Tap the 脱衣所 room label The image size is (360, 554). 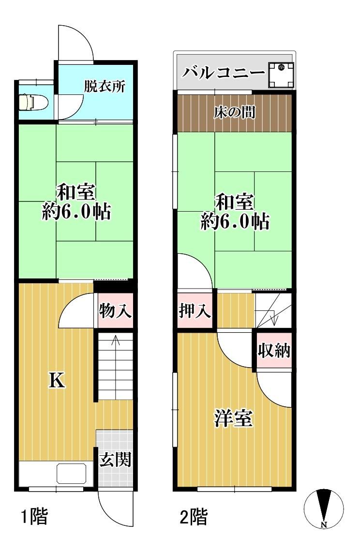[x=105, y=86]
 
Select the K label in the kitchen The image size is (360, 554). [x=57, y=381]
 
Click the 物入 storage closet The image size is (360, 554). [x=116, y=311]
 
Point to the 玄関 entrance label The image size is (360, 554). [x=115, y=460]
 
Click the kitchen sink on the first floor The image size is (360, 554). [x=71, y=474]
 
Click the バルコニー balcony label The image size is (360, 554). [x=224, y=73]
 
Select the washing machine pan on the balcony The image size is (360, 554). [x=281, y=75]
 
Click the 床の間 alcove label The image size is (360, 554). [x=234, y=112]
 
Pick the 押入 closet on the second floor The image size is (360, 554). [x=195, y=311]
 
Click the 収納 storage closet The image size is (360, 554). [x=274, y=350]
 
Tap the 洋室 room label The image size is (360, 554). [x=233, y=418]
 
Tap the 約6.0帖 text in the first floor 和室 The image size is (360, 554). [x=76, y=212]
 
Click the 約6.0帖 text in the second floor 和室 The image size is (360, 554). [x=235, y=221]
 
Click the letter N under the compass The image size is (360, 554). [x=324, y=524]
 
